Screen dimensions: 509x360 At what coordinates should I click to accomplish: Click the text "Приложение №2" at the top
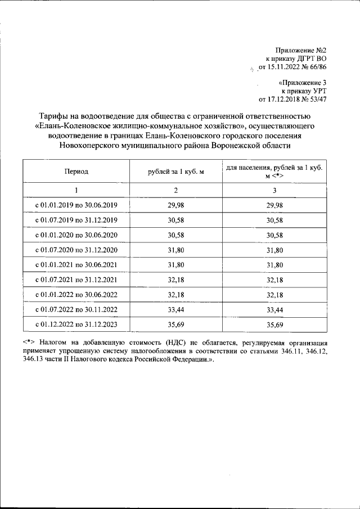pyautogui.click(x=301, y=51)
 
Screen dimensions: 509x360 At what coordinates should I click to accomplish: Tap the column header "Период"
pyautogui.click(x=76, y=172)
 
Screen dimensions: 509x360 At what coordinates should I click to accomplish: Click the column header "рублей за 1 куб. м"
pyautogui.click(x=175, y=172)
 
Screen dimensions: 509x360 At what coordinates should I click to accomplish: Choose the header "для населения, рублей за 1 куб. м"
pyautogui.click(x=274, y=172)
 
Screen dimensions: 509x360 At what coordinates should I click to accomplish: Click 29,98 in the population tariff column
pyautogui.click(x=274, y=205)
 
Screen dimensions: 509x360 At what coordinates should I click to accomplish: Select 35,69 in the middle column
pyautogui.click(x=175, y=325)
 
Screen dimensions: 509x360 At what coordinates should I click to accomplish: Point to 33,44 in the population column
pyautogui.click(x=274, y=309)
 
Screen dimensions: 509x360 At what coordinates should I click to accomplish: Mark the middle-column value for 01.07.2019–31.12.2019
pyautogui.click(x=175, y=220)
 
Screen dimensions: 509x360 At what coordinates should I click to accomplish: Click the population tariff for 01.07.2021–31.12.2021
pyautogui.click(x=274, y=280)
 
